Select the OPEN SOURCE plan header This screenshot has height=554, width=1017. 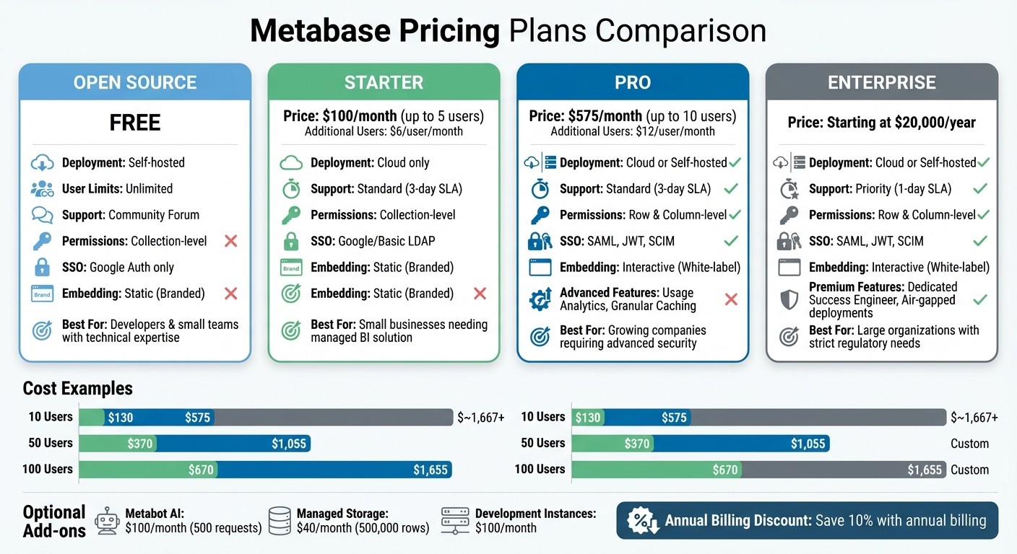[x=135, y=82]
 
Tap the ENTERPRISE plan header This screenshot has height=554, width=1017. [x=881, y=82]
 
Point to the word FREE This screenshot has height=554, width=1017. [x=135, y=123]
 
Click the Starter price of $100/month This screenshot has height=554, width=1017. [x=360, y=116]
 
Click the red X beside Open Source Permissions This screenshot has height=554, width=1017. [x=231, y=241]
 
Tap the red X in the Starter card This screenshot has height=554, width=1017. [x=480, y=294]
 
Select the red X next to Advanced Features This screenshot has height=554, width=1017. [x=731, y=299]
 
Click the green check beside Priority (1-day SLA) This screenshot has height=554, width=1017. [x=980, y=189]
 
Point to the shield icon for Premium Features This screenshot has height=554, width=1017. [x=789, y=299]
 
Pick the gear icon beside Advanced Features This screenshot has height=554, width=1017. [x=540, y=299]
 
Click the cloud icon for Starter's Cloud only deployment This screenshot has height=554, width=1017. [x=291, y=163]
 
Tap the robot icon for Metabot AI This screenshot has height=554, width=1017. [x=108, y=520]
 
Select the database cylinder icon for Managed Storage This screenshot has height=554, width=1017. [x=280, y=520]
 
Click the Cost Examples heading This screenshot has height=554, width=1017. [x=78, y=389]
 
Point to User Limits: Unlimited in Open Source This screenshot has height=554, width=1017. [x=117, y=189]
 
